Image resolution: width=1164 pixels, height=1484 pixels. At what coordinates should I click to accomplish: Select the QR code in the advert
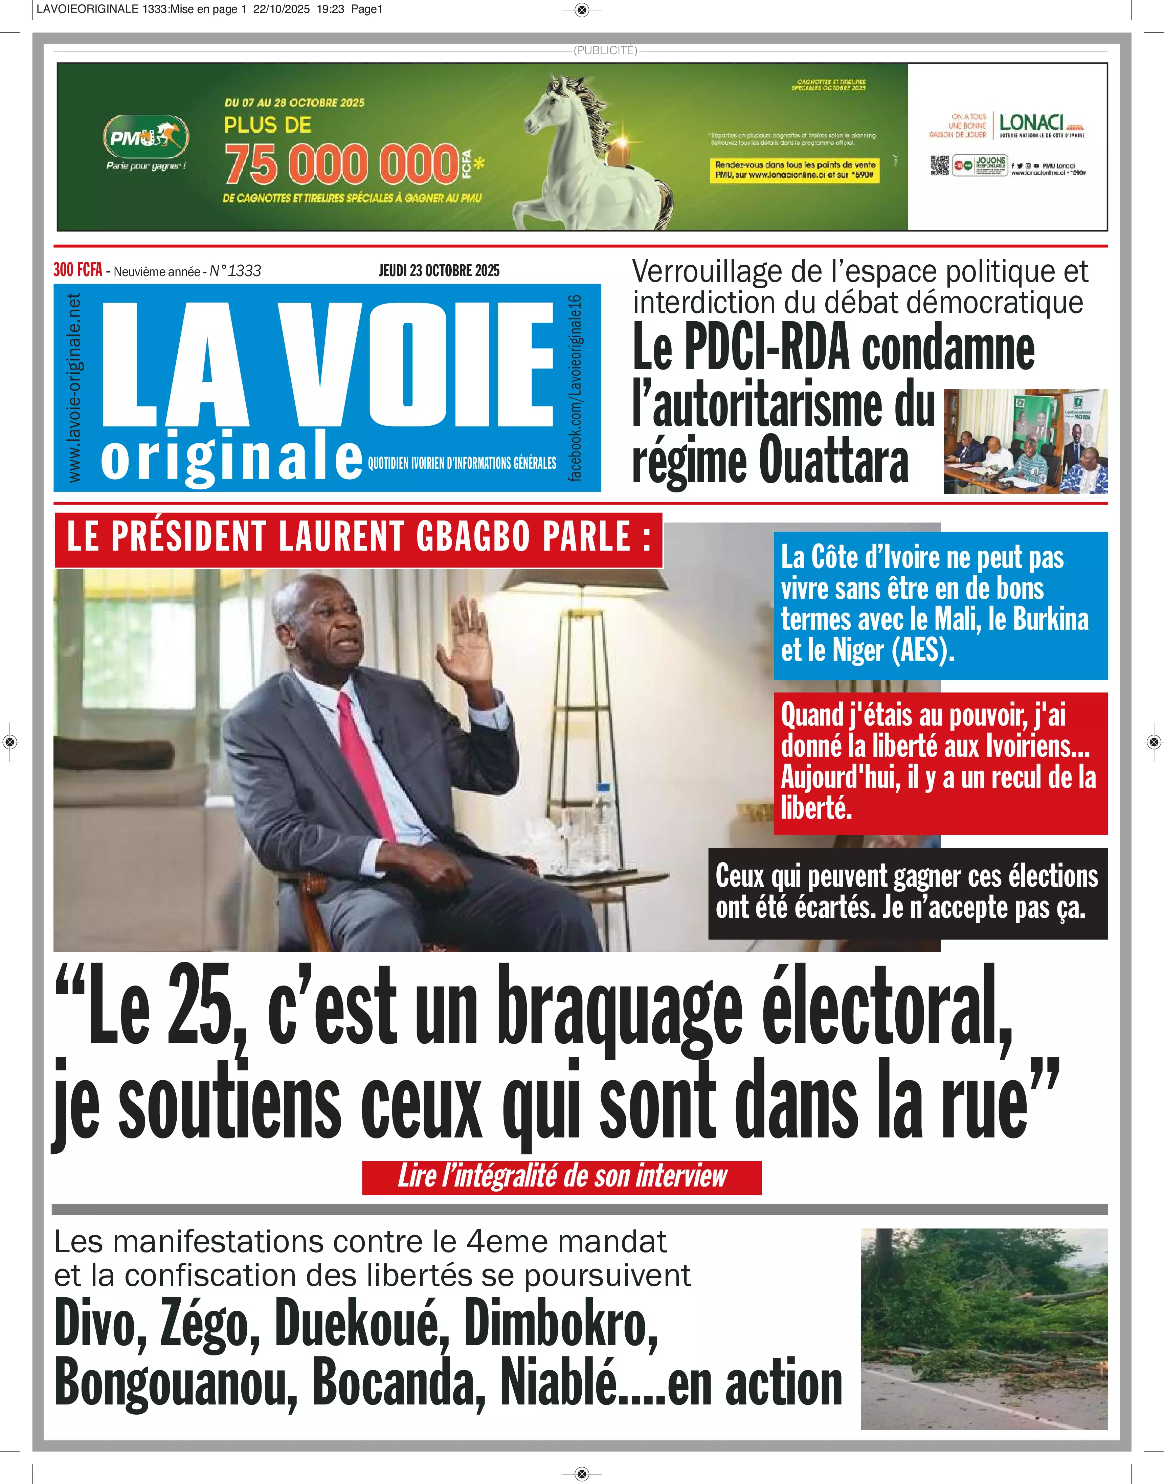(940, 165)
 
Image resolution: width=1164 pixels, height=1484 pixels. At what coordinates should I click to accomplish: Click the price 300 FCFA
(78, 270)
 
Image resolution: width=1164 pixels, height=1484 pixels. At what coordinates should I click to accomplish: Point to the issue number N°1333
(235, 271)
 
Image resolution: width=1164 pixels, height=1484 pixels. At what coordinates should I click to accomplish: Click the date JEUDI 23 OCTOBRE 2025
(439, 271)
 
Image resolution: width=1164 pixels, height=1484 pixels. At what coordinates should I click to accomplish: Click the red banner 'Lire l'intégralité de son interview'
(562, 1177)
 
